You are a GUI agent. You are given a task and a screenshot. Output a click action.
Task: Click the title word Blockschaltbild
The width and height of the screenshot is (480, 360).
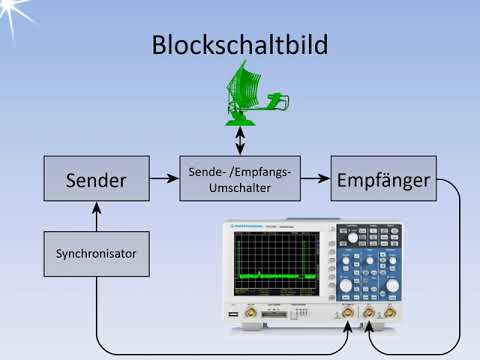239,45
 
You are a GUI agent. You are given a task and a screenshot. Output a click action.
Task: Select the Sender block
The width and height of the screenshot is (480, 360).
96,180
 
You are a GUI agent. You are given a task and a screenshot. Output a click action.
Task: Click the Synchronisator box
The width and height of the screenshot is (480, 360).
96,254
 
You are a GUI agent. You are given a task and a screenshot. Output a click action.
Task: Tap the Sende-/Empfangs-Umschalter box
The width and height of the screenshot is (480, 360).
240,180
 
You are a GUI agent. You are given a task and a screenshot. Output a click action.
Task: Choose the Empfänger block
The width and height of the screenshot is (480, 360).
383,180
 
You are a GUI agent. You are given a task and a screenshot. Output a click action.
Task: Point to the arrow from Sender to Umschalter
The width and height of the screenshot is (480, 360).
163,180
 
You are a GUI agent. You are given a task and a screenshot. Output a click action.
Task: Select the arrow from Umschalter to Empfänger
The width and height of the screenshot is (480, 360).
315,180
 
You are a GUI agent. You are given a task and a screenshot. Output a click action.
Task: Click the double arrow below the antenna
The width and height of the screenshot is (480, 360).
240,139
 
